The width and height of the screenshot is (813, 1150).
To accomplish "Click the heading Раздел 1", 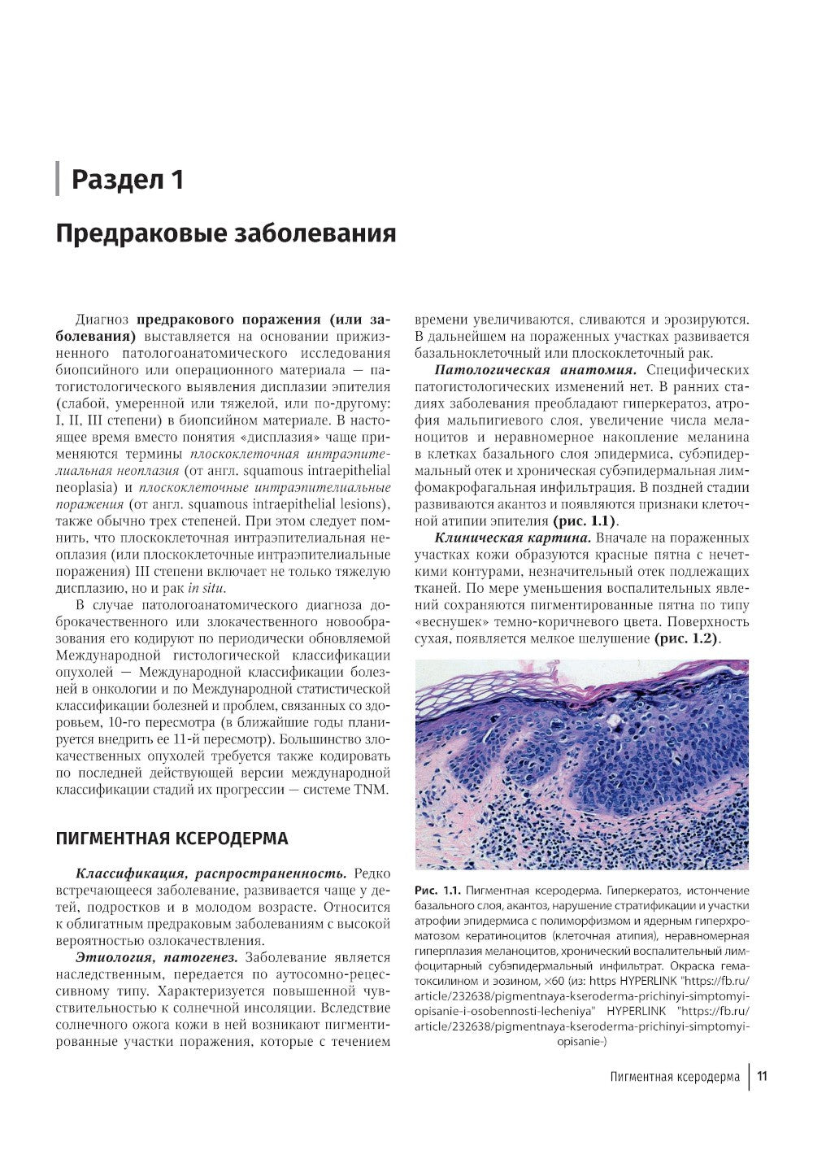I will click(127, 179).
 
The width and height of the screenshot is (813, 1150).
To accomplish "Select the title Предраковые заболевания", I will click(225, 234).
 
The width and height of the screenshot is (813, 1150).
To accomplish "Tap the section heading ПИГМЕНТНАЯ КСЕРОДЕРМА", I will click(172, 839).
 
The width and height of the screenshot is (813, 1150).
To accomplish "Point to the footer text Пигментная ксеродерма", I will click(675, 1077).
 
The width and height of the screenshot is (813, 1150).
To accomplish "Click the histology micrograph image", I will click(581, 764).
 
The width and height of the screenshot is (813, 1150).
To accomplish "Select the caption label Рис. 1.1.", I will click(437, 891).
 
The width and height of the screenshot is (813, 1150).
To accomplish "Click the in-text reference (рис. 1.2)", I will click(686, 639).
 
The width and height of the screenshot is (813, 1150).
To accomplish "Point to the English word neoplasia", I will click(84, 487).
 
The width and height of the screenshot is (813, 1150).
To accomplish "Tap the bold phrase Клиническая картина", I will click(511, 538).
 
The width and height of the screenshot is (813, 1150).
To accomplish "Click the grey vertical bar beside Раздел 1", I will click(58, 179).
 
